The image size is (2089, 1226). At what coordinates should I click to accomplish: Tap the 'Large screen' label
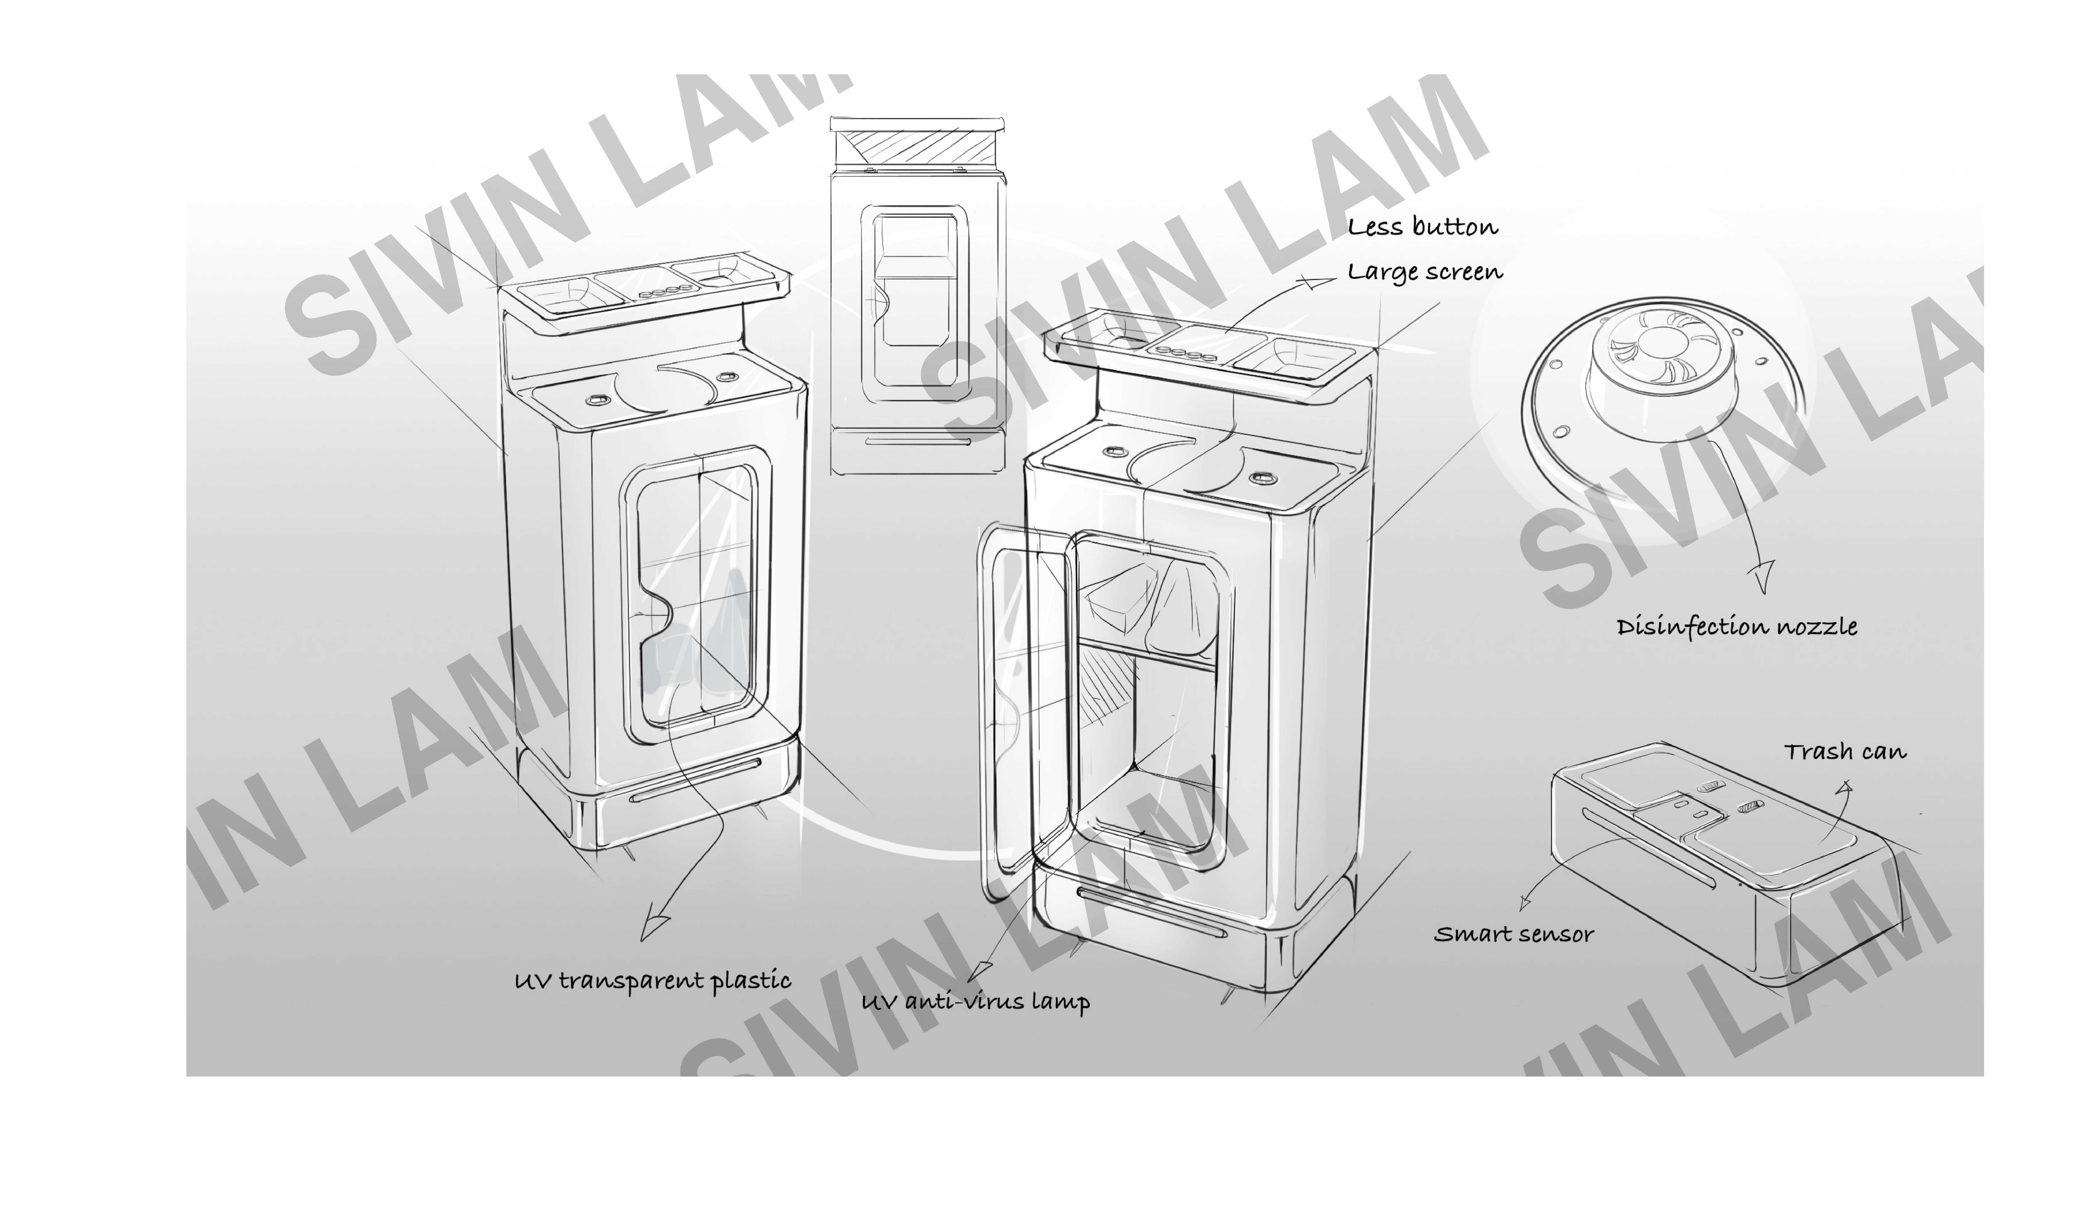point(1424,272)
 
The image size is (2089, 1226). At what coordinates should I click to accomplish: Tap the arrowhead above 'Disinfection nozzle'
point(1762,576)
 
